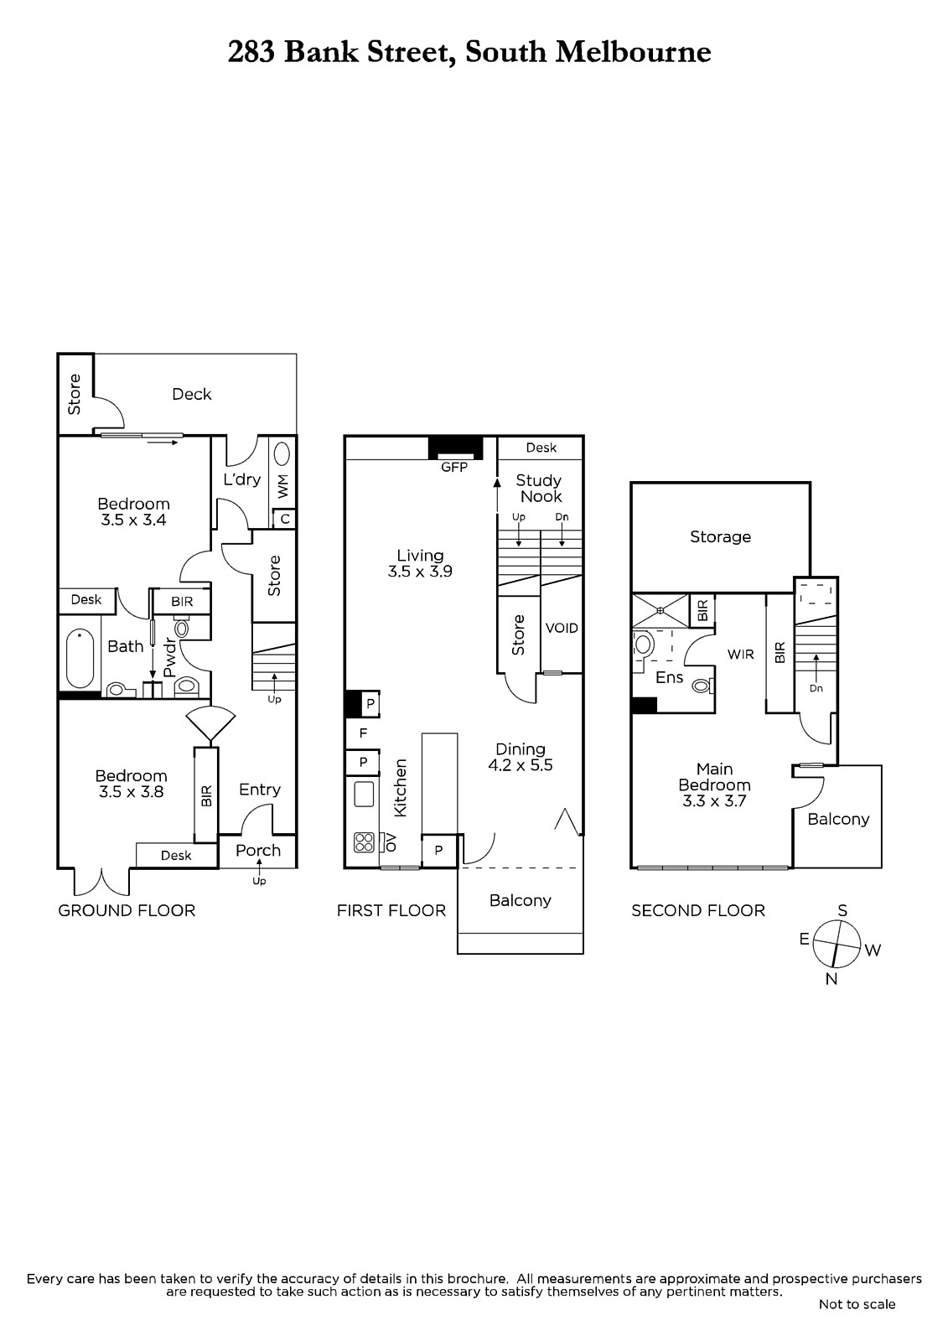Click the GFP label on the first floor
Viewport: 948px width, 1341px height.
tap(453, 467)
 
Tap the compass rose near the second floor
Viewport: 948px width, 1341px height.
tap(837, 944)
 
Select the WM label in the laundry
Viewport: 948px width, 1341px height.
tap(283, 486)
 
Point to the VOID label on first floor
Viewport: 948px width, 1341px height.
tap(561, 628)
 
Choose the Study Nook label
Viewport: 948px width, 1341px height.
tap(539, 488)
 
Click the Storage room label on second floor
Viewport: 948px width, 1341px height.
tap(720, 536)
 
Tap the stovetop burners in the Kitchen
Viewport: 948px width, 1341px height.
tap(364, 842)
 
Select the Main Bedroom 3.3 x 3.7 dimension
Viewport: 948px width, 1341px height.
tap(714, 801)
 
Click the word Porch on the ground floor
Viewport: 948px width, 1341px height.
tap(257, 850)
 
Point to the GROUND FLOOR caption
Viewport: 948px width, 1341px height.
tap(127, 910)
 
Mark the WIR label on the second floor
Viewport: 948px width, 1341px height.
tap(740, 655)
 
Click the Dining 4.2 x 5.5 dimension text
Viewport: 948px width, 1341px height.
tap(521, 765)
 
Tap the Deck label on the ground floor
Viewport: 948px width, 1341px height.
tap(192, 394)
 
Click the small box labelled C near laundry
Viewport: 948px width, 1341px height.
tap(285, 519)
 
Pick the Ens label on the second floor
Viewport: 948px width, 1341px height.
tap(669, 677)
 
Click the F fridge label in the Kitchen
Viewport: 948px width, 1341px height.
tap(363, 733)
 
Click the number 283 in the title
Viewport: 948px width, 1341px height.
tap(251, 52)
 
